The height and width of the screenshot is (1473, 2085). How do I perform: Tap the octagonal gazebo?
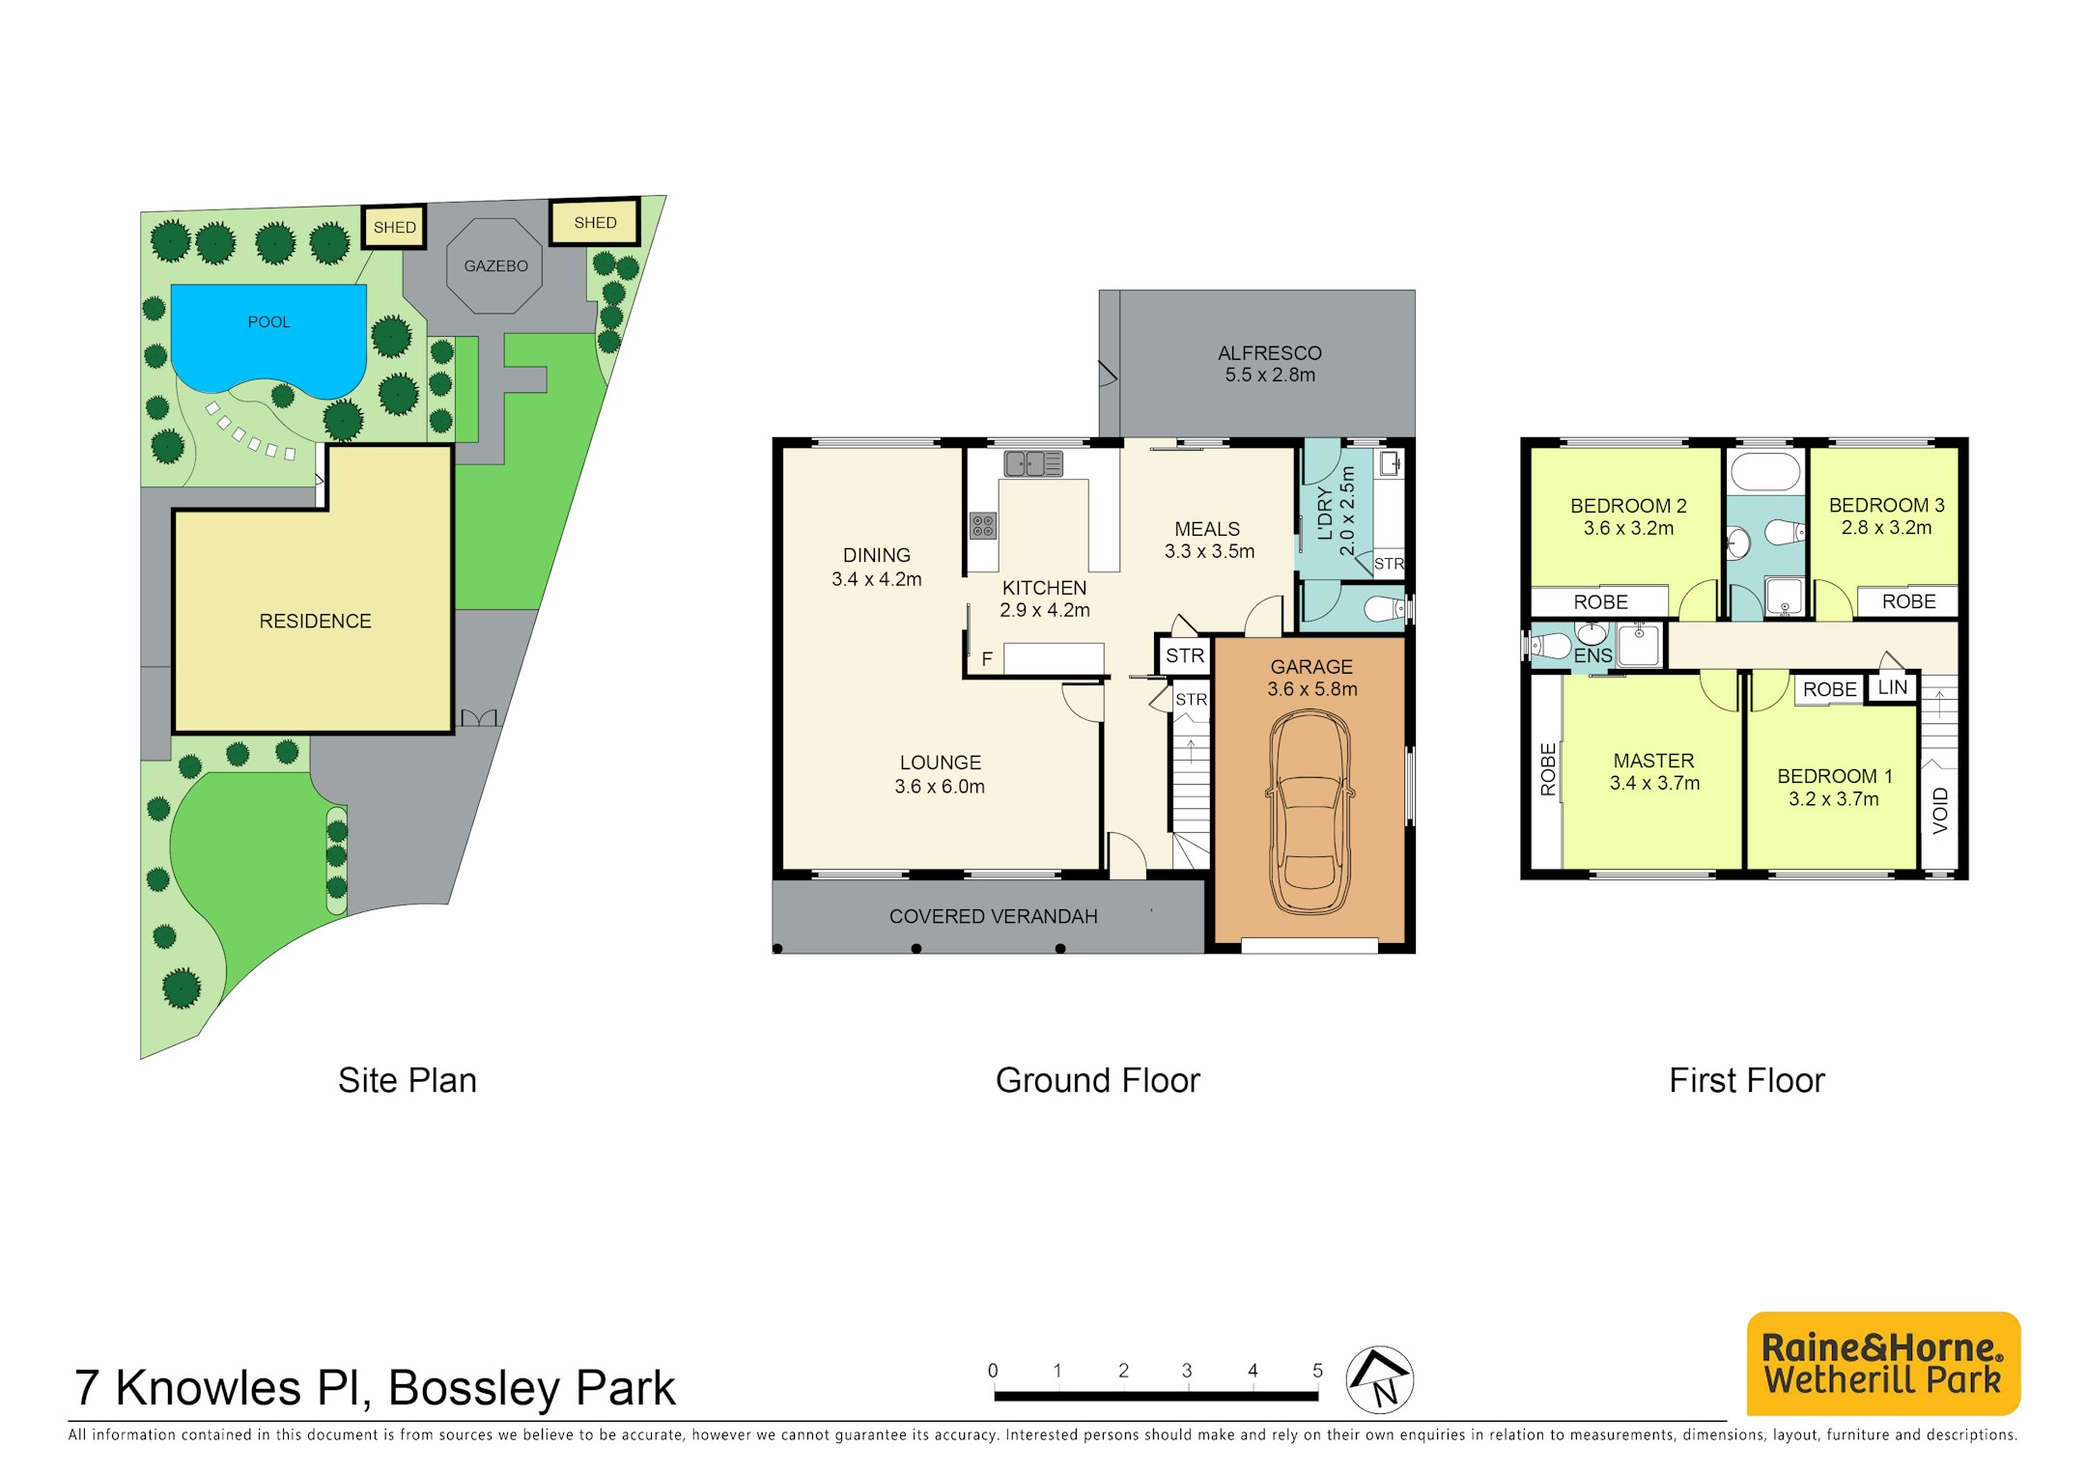point(494,266)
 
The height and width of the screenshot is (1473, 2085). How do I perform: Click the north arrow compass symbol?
point(1380,1379)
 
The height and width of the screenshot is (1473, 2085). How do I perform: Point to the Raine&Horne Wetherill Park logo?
point(1883,1363)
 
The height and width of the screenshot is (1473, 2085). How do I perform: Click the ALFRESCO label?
point(1270,353)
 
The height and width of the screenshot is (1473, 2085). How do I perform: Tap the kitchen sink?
point(1033,464)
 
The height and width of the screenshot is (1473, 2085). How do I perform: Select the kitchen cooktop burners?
point(983,526)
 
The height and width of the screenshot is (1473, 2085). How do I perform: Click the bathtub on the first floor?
point(1765,473)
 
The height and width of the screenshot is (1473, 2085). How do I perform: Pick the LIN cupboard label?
point(1893,687)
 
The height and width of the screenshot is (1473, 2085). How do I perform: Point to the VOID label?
point(1940,810)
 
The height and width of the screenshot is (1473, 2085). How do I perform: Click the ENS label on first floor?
point(1593,656)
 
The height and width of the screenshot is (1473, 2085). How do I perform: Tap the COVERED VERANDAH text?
point(993,917)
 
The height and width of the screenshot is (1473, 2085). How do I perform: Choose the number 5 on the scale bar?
point(1317,1371)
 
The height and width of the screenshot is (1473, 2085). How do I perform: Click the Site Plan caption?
point(408,1080)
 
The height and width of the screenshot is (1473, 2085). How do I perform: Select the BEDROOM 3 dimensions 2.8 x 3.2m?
point(1886,528)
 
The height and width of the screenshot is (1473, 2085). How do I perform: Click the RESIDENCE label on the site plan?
point(315,622)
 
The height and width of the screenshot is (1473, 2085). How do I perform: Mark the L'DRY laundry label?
point(1325,513)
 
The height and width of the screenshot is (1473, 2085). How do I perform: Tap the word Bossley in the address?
point(474,1389)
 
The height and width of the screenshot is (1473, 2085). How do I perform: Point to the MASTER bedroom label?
point(1653,761)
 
